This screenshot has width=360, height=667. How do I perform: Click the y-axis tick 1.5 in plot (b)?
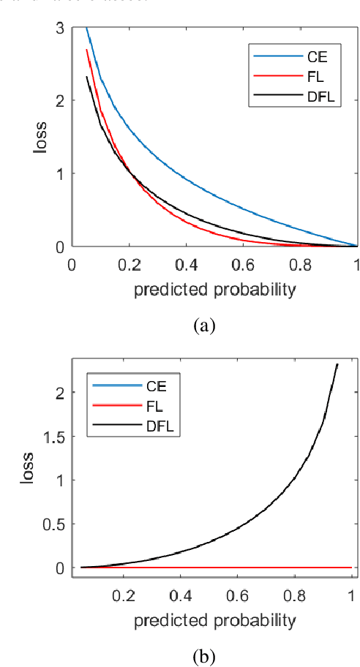pyautogui.click(x=53, y=437)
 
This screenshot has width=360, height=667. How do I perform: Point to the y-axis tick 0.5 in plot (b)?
pyautogui.click(x=53, y=524)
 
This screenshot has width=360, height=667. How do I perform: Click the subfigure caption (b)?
pyautogui.click(x=203, y=655)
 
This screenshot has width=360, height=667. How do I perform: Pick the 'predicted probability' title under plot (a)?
pyautogui.click(x=214, y=290)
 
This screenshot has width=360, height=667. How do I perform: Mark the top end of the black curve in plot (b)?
pyautogui.click(x=337, y=364)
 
